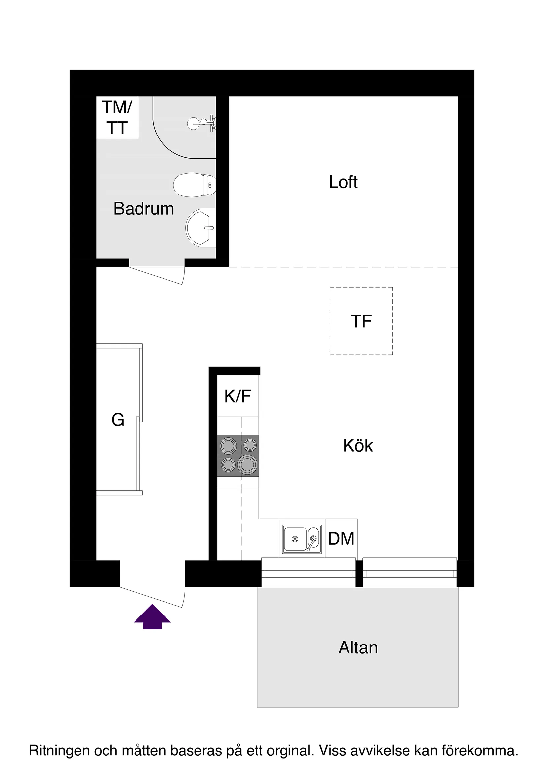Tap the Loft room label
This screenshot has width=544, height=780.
[x=343, y=182]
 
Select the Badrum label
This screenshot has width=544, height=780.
[x=144, y=208]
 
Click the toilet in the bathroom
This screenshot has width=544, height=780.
[x=195, y=185]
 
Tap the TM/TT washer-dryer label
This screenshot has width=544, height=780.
[x=117, y=117]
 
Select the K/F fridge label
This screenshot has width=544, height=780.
[x=237, y=396]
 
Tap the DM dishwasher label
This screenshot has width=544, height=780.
[x=341, y=539]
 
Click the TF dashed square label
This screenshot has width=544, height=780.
[x=361, y=321]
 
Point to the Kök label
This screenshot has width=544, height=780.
[x=358, y=446]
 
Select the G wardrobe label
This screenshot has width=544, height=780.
[x=118, y=420]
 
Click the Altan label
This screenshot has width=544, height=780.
[x=358, y=648]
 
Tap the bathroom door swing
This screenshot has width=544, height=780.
[x=157, y=276]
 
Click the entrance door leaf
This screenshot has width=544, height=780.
[x=151, y=597]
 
